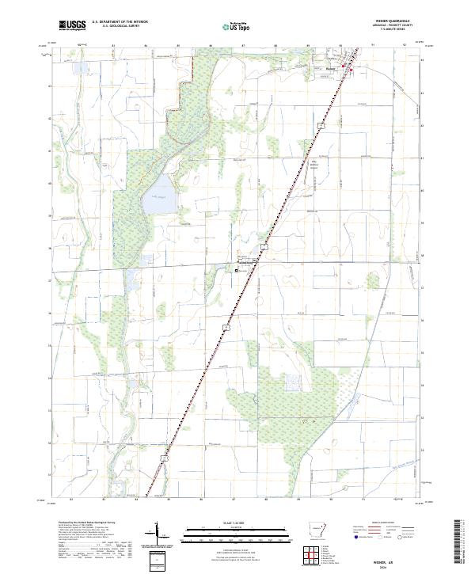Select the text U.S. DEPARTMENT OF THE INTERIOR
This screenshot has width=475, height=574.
click(120, 23)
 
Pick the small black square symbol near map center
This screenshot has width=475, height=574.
click(236, 271)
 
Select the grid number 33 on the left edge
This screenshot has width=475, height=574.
click(51, 411)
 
